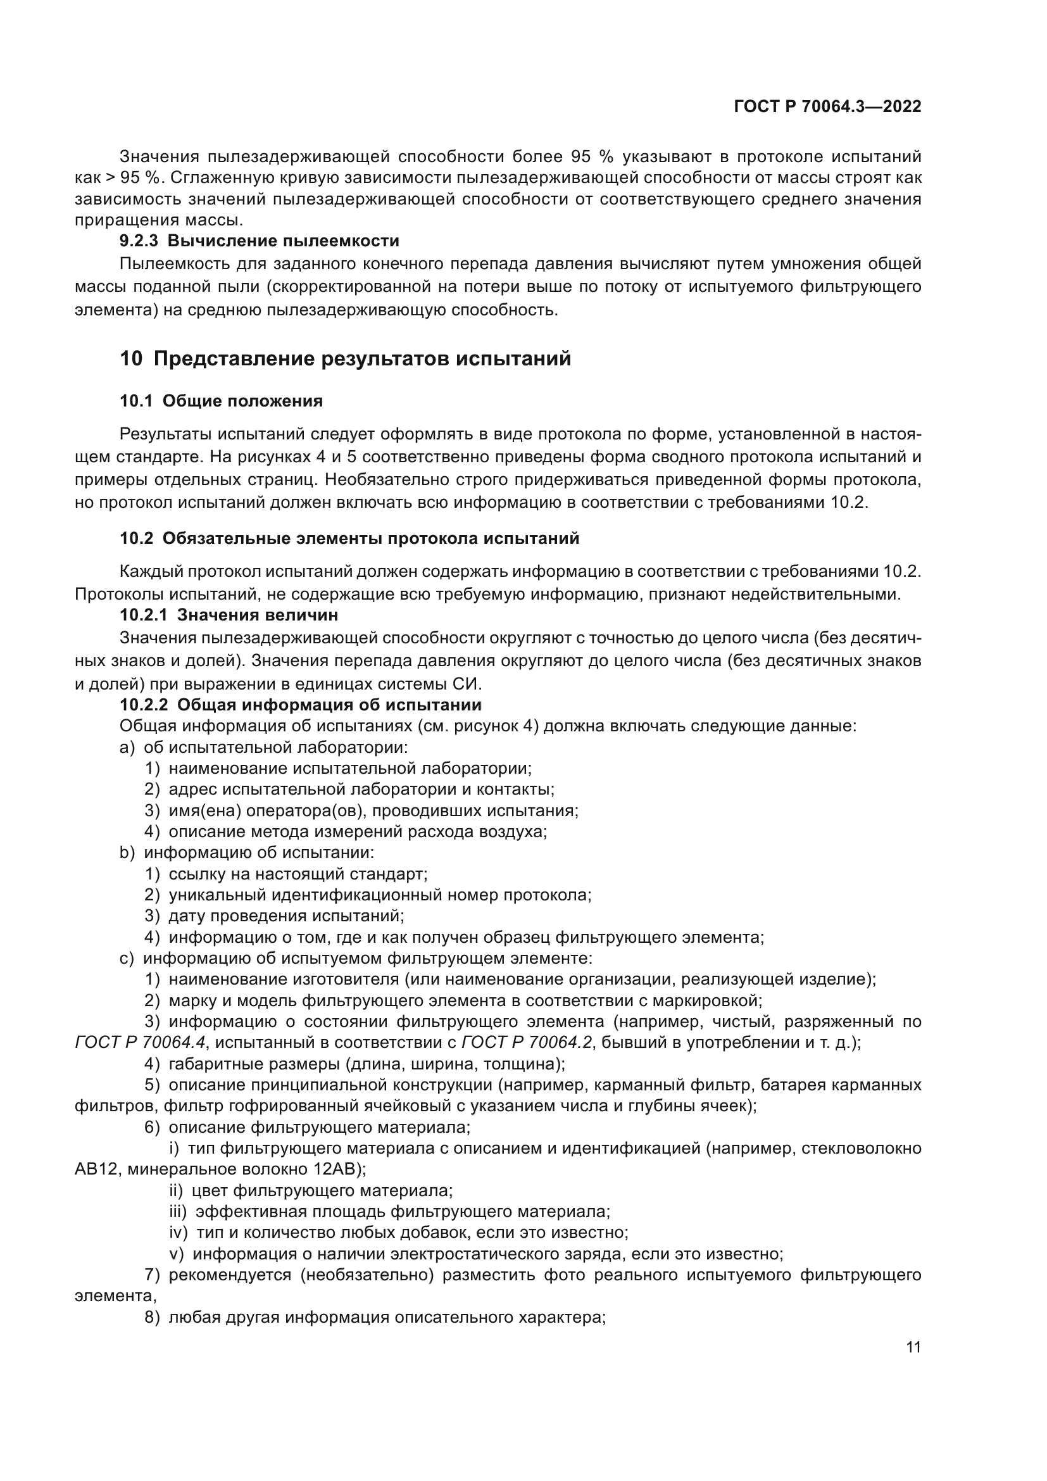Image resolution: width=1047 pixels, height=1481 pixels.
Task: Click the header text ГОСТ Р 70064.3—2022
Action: [827, 107]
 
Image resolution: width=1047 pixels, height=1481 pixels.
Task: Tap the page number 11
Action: [913, 1347]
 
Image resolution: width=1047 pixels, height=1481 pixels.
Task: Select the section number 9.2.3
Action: [139, 241]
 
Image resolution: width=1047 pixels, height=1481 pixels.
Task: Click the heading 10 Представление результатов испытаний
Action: [346, 358]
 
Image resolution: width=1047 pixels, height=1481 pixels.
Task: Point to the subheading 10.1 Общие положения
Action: [221, 401]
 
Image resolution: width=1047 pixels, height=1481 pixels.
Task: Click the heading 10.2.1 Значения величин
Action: [229, 615]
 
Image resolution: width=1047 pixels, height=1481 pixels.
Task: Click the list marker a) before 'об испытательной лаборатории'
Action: [127, 748]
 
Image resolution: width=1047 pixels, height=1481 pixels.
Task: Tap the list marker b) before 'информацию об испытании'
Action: [127, 853]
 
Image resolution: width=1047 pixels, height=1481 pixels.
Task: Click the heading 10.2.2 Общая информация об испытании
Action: [301, 704]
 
